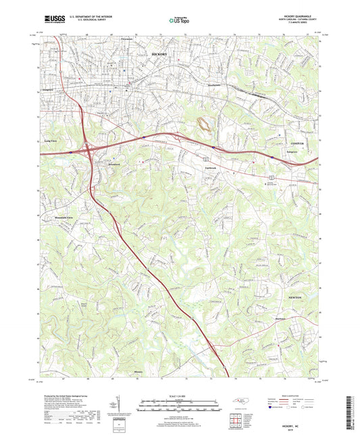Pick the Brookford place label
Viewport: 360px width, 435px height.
[108, 165]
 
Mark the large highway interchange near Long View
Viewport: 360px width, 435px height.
[88, 150]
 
